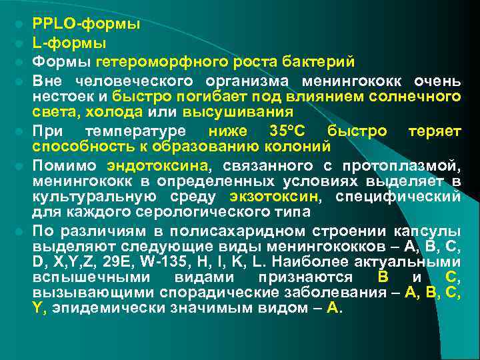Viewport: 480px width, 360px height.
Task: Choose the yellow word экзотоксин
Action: pyautogui.click(x=275, y=197)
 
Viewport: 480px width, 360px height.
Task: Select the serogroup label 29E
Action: pyautogui.click(x=128, y=261)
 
